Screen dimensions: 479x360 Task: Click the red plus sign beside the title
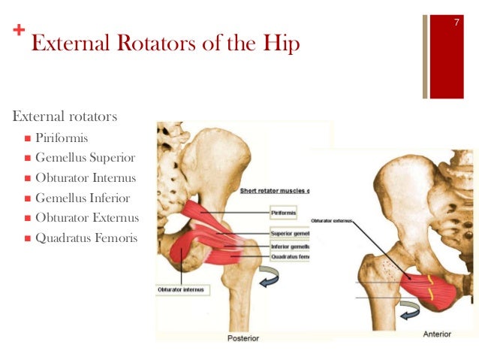[18, 32]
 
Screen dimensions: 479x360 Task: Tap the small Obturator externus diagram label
[331, 220]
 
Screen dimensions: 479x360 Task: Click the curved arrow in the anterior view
[408, 309]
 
